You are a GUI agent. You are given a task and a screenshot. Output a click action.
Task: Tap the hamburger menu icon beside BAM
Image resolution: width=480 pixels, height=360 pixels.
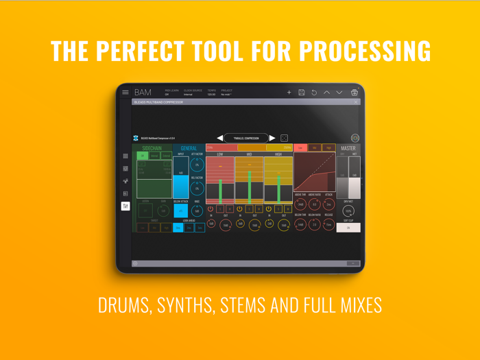coord(125,92)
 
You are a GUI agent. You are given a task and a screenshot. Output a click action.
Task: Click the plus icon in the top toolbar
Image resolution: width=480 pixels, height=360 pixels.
coord(289,92)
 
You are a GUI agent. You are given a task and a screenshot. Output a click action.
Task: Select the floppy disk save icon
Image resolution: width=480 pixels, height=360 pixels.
coord(301,92)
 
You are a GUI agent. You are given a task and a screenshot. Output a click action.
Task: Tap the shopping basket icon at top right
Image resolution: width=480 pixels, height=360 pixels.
coord(354,92)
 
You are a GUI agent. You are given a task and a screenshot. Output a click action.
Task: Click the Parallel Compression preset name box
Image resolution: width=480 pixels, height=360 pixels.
coord(245,138)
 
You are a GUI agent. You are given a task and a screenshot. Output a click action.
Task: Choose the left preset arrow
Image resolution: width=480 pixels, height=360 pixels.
coord(220,138)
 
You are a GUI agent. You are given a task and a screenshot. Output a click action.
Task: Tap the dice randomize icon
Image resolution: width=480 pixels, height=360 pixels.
coord(284,138)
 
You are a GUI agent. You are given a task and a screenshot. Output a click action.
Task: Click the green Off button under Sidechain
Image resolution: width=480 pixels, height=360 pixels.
coord(143,156)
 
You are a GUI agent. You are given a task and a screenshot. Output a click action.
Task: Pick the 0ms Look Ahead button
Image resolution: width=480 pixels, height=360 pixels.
coord(178,228)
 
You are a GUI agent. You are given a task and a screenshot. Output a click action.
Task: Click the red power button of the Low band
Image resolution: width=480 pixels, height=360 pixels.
coord(211,209)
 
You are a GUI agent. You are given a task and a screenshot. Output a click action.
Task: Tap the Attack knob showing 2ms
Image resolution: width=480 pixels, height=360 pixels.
coord(328,204)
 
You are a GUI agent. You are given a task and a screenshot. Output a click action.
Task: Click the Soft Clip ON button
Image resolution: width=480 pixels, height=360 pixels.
coord(348,228)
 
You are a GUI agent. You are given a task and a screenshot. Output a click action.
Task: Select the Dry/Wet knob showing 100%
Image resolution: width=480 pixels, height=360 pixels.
coord(348,211)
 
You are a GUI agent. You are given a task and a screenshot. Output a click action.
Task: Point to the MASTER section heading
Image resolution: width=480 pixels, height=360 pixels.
coord(348,148)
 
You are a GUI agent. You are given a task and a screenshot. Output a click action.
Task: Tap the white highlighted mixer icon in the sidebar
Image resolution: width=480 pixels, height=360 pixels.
coord(125,206)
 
